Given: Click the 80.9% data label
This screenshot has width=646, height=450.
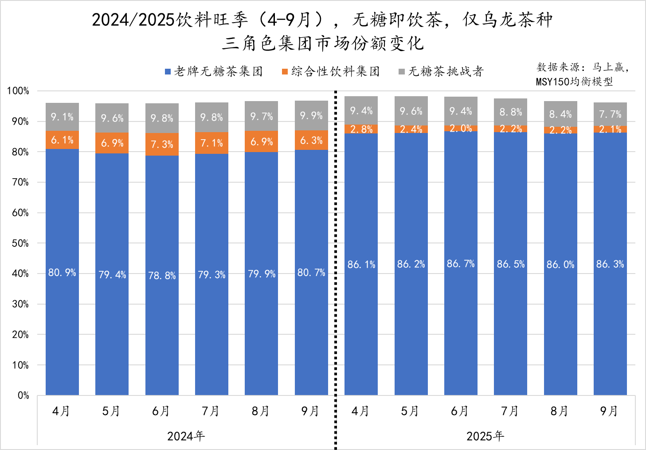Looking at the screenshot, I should click(x=62, y=273).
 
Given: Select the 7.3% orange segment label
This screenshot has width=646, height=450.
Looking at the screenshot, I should click(x=162, y=145).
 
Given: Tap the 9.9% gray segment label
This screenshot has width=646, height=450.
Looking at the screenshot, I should click(x=311, y=116).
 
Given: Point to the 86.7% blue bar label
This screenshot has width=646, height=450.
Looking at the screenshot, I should click(x=461, y=264).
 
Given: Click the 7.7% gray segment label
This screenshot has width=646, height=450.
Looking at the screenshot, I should click(x=610, y=114).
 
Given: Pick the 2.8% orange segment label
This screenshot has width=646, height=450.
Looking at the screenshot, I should click(x=361, y=129).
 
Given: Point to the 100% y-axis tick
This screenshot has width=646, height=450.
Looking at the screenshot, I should click(x=18, y=91).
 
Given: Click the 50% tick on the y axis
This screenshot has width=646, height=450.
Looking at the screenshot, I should click(x=20, y=243).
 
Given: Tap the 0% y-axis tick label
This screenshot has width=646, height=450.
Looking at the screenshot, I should click(x=23, y=395).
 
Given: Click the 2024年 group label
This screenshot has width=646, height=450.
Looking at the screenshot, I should click(x=186, y=436).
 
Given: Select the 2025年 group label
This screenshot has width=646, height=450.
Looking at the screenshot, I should click(x=485, y=436).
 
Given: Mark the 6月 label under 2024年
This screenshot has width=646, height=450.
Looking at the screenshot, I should click(x=161, y=411).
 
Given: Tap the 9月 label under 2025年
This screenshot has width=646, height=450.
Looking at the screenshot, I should click(x=609, y=411).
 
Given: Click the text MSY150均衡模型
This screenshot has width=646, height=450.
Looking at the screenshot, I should click(x=574, y=82).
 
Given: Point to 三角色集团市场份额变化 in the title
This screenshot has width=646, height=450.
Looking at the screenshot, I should click(x=323, y=43).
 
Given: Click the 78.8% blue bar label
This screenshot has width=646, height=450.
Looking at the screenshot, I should click(x=162, y=276).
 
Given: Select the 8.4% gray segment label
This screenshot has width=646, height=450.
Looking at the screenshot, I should click(x=560, y=114).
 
